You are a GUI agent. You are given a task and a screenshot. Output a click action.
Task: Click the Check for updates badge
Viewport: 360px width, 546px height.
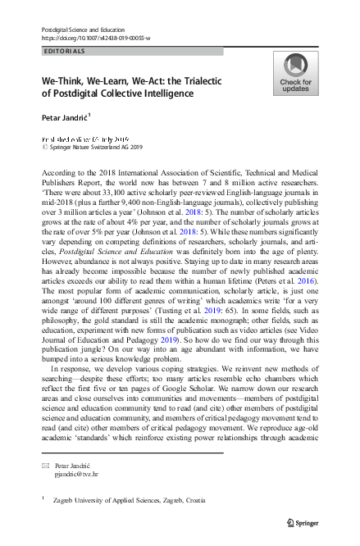pos(295,76)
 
